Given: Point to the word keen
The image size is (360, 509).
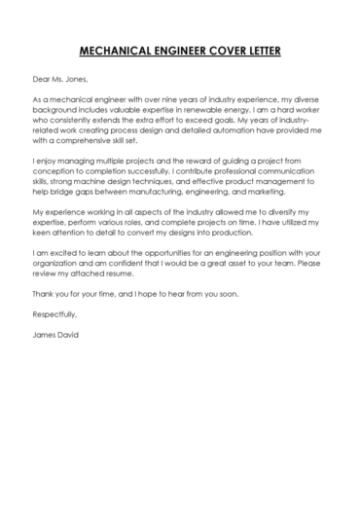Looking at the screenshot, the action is [42, 237].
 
